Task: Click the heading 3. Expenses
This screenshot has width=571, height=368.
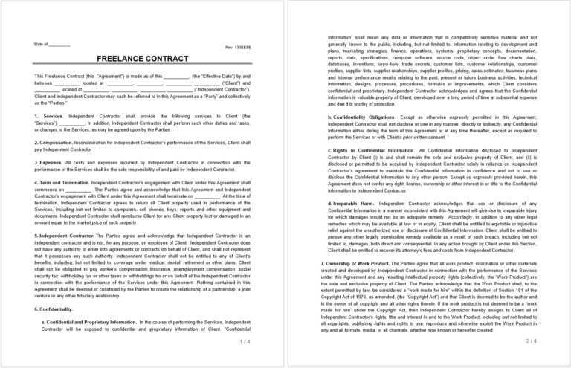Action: click(49, 162)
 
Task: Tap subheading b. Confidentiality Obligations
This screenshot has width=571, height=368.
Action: click(364, 117)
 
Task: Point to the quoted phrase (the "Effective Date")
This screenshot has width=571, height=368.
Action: click(211, 76)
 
